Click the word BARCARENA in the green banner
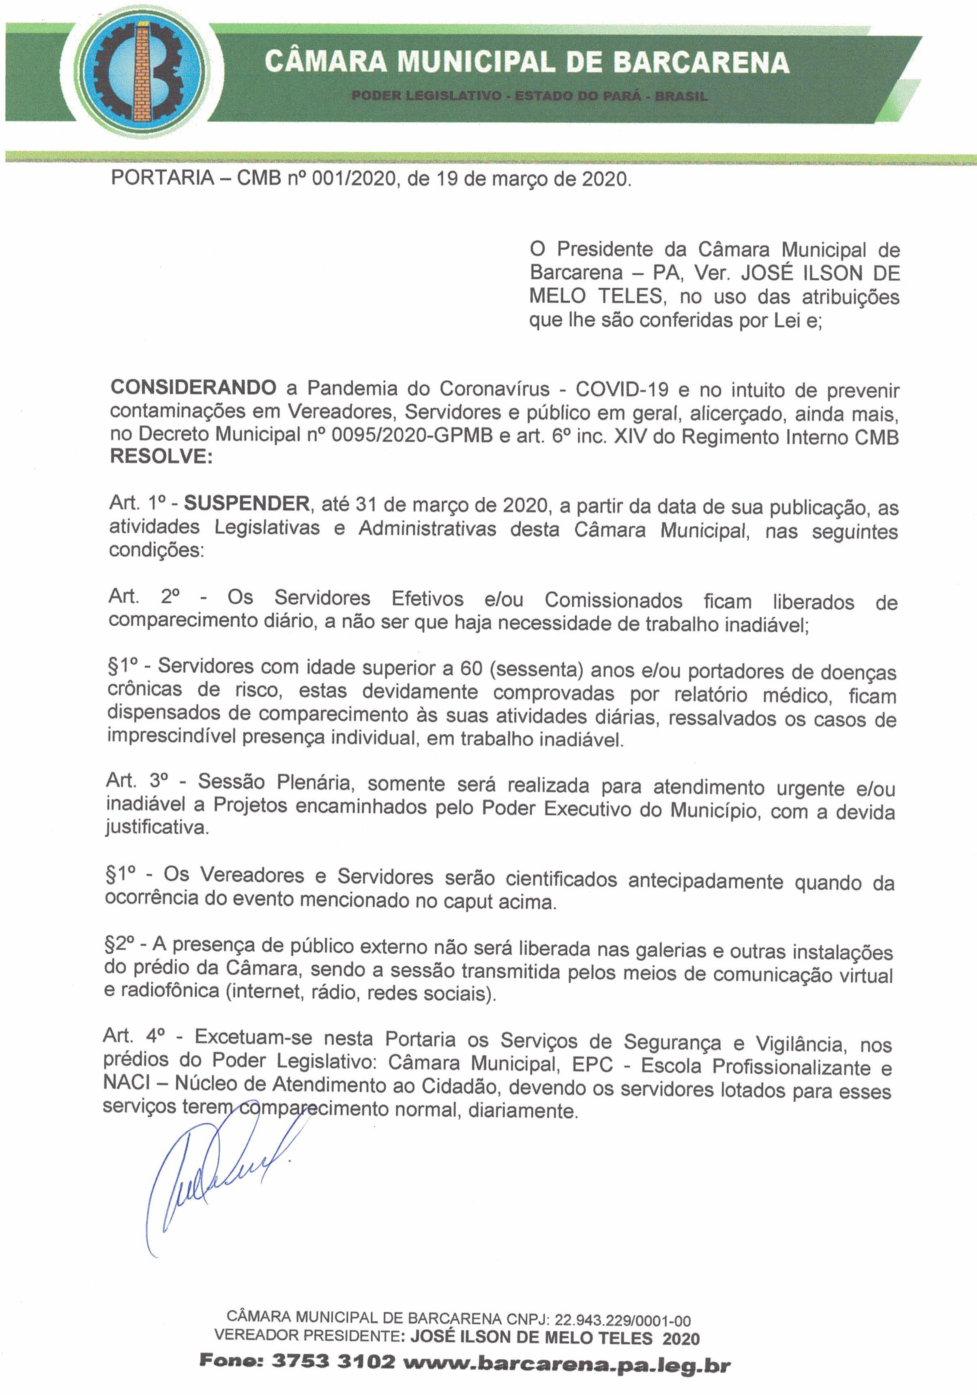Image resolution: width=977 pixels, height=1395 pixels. coord(701,62)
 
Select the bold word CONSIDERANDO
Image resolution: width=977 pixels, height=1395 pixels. coord(193,387)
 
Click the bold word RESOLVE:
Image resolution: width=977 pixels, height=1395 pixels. coord(161,456)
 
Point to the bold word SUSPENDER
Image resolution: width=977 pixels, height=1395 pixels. coord(247,503)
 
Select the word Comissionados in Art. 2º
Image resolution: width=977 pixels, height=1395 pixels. coord(613,600)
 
